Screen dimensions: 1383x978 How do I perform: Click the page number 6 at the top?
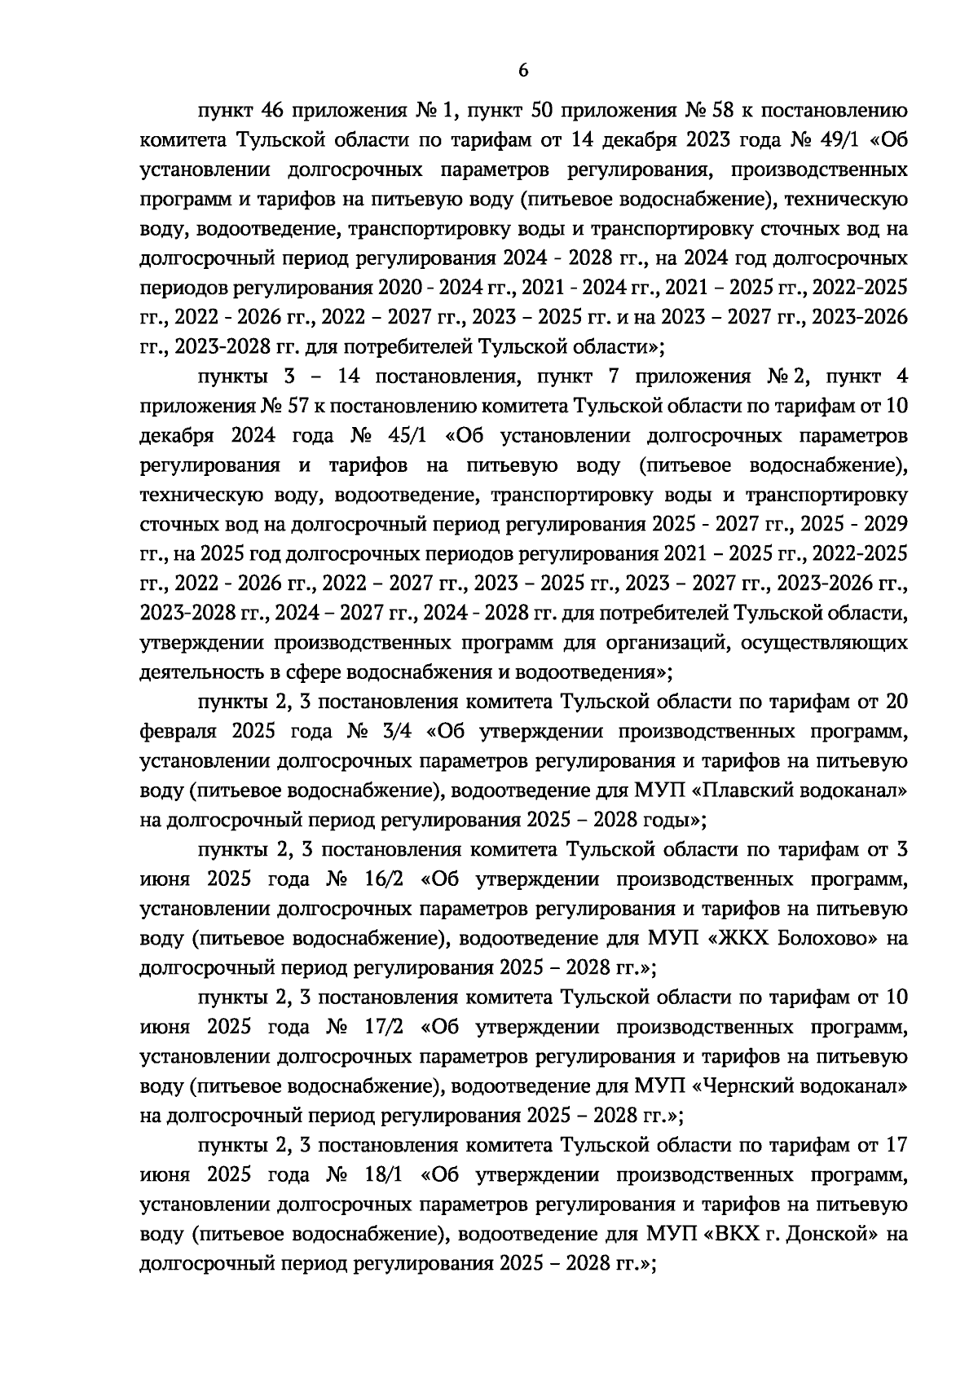pos(522,71)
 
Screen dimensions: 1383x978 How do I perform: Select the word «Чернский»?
pos(752,1086)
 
